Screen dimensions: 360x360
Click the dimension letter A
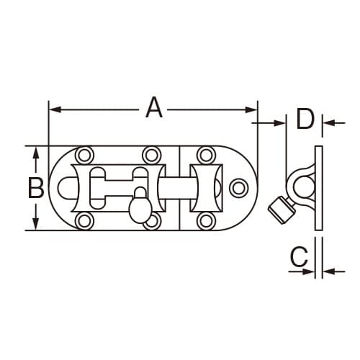[153, 108]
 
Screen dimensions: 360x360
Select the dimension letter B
[35, 188]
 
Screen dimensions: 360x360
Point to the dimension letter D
[305, 118]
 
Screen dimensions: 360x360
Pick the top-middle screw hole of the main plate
[150, 154]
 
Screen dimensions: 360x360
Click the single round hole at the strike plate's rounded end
[237, 188]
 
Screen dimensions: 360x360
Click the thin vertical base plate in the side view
[318, 189]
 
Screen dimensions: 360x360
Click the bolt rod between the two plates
[179, 188]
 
